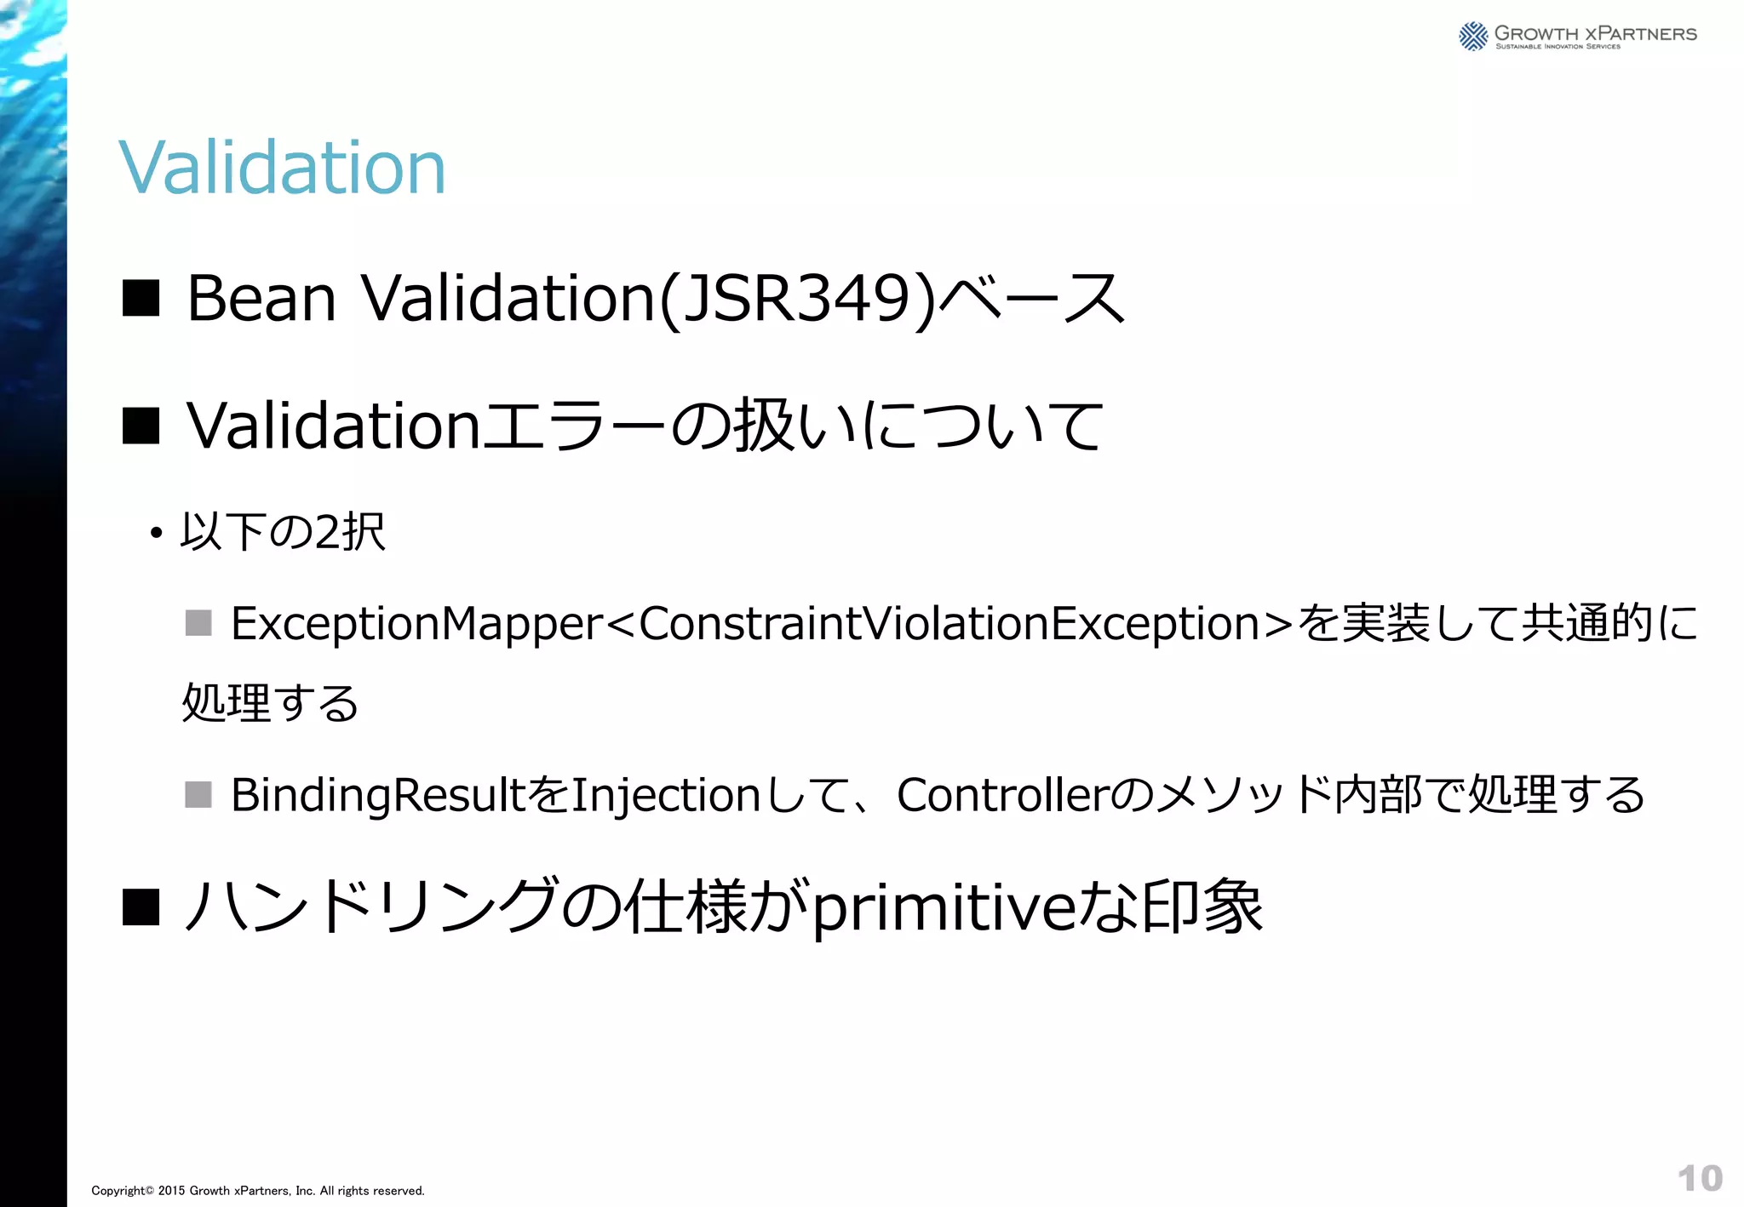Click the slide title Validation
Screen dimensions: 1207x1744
coord(282,167)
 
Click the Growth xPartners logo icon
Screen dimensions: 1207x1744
coord(1473,37)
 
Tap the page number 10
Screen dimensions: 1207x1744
coord(1700,1178)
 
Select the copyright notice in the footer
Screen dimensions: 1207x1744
coord(258,1191)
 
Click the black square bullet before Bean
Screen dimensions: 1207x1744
coord(141,299)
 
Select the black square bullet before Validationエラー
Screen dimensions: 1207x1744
coord(141,426)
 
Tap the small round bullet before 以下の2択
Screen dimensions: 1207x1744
coord(155,535)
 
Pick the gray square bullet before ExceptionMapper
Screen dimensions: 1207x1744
coord(198,623)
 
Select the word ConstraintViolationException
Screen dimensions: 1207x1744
coord(949,624)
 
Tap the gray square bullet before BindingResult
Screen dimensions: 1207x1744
coord(198,794)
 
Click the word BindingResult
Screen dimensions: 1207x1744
coord(378,796)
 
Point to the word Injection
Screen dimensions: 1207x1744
coord(665,796)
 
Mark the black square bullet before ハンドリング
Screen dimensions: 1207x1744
coord(141,907)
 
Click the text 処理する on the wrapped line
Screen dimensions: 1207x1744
coord(271,704)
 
